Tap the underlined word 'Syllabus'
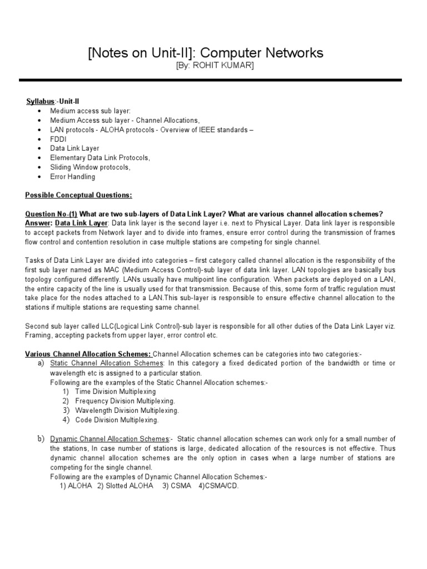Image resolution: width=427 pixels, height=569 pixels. tap(41, 102)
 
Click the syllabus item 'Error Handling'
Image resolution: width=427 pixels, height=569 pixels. tap(72, 177)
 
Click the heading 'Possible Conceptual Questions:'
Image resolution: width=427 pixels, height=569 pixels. tap(79, 196)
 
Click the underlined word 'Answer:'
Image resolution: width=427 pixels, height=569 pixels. tap(38, 223)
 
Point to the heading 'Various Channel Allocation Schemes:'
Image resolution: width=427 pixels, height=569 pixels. tap(88, 354)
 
